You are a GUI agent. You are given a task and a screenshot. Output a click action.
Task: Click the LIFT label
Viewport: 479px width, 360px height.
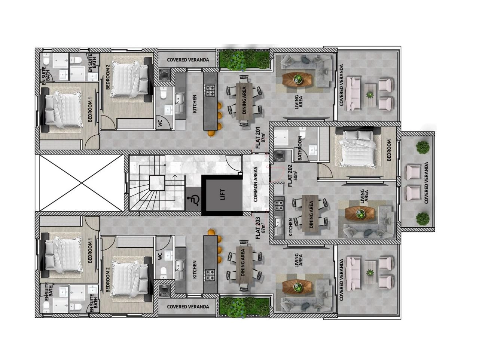(x=222, y=195)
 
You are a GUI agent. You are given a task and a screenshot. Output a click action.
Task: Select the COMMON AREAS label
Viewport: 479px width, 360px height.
(x=255, y=184)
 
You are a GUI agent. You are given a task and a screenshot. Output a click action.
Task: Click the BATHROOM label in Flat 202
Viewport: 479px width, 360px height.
(x=300, y=148)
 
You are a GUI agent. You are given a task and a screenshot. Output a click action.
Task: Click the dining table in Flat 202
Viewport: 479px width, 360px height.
(x=310, y=215)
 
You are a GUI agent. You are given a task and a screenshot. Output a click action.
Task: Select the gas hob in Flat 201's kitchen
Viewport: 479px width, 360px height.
(x=210, y=90)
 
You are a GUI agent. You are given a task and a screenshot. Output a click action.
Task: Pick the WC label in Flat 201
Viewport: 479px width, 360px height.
(x=160, y=123)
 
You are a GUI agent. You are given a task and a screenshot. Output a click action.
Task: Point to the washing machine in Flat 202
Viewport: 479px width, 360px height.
(x=279, y=156)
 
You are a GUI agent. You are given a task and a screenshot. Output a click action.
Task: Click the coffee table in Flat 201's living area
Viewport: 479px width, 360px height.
(x=298, y=79)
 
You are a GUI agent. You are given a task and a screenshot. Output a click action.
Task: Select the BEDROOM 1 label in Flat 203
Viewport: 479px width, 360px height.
(x=90, y=250)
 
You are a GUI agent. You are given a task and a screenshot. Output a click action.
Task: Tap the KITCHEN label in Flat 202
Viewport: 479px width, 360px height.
(x=290, y=228)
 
